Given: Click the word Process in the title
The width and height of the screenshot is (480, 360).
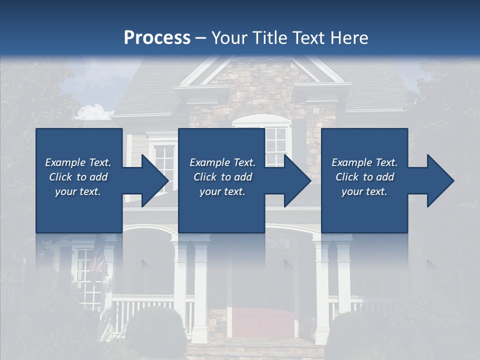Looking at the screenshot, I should coord(157,38).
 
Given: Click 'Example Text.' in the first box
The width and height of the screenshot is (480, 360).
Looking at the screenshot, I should coord(78,162).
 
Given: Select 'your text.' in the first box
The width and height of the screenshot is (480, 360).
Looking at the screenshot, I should coord(78,191).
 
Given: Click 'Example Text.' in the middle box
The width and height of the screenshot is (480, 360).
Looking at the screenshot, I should coord(222,162).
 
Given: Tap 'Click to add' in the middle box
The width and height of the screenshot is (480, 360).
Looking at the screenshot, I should coord(222,177).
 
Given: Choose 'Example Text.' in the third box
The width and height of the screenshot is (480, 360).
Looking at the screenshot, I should coord(364,162).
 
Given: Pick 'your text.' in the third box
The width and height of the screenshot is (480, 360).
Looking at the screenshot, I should coord(364,191).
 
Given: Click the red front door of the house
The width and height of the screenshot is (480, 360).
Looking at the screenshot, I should coord(264,322).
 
